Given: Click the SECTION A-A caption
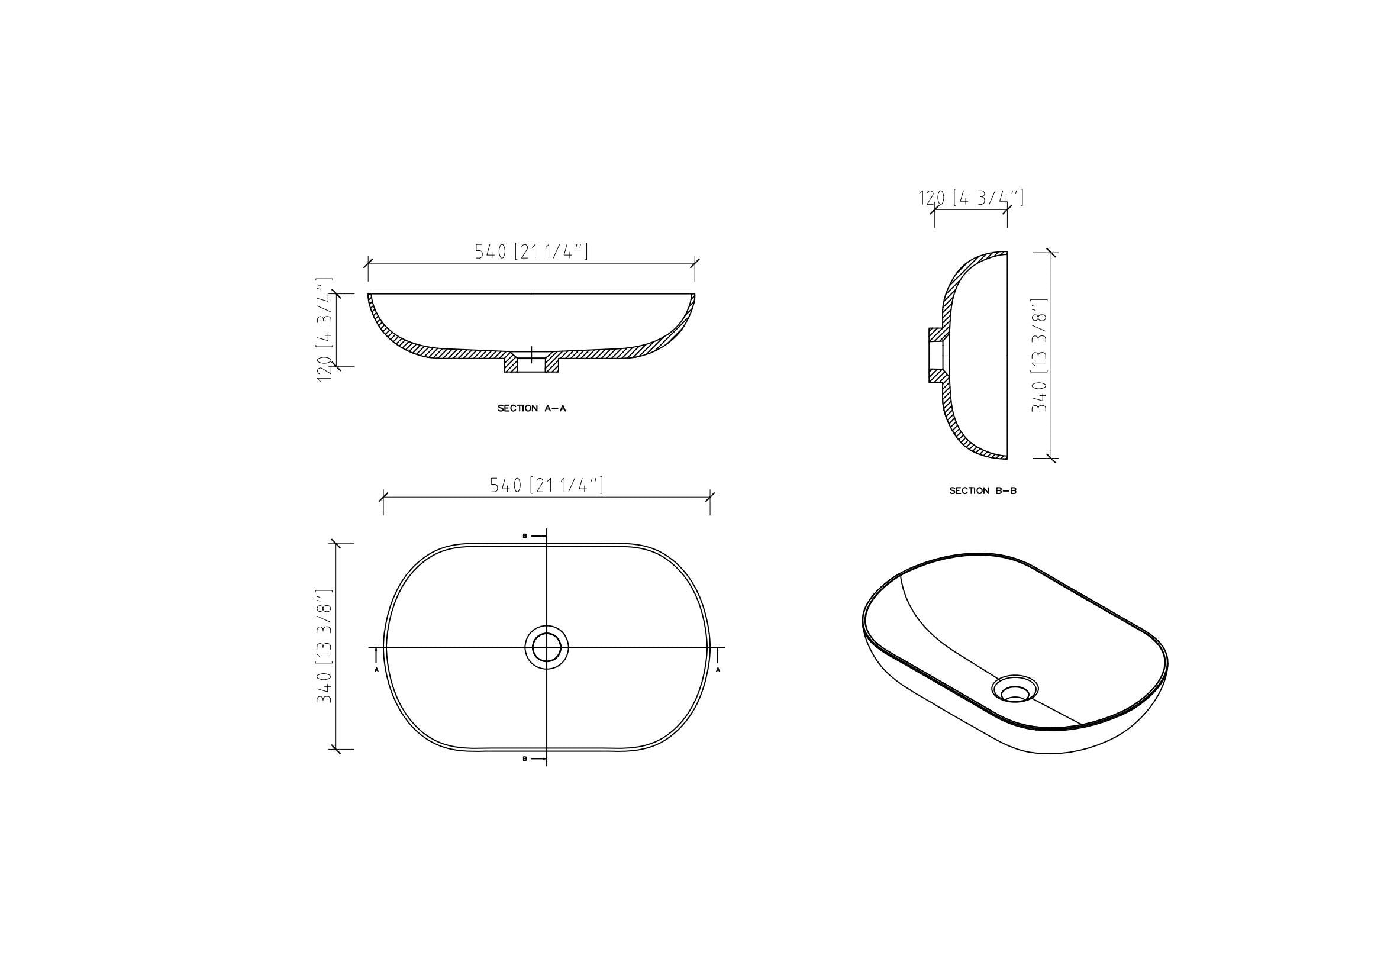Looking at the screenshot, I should coord(531,409).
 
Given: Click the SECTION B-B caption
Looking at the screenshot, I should coord(983,491).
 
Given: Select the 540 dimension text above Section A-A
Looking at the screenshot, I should coord(531,251).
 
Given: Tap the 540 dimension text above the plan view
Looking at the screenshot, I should coord(546,485).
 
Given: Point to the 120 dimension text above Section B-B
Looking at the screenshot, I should coord(970,198).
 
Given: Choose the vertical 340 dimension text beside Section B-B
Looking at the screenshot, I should coord(1038,356).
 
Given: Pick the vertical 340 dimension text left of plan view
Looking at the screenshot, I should coord(324,646).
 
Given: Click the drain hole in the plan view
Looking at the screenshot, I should coord(546,647).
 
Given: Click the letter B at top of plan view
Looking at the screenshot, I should coord(524,535).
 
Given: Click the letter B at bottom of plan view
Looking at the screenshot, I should coord(524,758).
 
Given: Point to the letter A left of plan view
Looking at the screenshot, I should coord(377,670).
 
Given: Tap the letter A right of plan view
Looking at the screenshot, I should coord(717,670).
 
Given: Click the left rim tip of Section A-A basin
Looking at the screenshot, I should coord(369,295).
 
